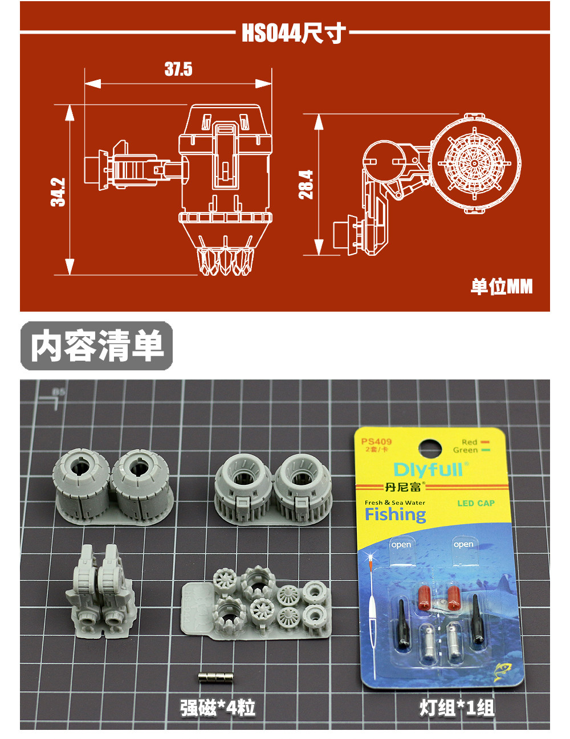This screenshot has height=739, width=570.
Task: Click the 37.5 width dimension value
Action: (178, 70)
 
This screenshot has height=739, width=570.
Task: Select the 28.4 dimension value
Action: (306, 184)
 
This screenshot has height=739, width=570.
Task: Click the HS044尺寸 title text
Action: (293, 33)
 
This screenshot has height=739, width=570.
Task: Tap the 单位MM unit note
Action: (501, 286)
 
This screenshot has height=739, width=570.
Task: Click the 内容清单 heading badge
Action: (97, 346)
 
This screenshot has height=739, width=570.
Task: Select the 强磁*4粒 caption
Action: (218, 708)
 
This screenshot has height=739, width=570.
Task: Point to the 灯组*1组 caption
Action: (457, 708)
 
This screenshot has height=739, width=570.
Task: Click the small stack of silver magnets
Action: (216, 677)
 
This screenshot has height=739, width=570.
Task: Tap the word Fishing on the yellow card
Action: (395, 515)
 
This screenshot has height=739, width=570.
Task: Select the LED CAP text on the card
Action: (475, 503)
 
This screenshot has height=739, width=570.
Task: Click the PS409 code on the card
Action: (376, 441)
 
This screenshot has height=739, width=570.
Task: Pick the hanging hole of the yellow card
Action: (430, 447)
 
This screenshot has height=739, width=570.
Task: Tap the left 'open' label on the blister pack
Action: (401, 545)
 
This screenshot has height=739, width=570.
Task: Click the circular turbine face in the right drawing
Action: (474, 164)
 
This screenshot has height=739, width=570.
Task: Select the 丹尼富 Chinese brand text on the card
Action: (404, 487)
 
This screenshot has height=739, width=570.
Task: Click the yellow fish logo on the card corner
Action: (502, 670)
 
